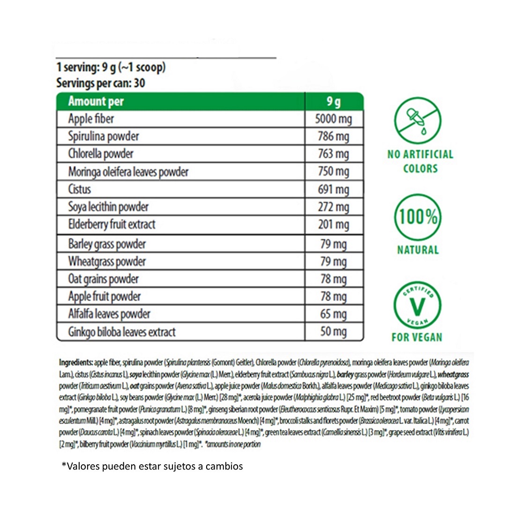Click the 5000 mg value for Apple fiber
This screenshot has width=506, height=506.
coord(333,119)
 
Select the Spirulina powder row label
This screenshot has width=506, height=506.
coord(104,136)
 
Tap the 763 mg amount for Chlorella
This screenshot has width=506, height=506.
coord(333,154)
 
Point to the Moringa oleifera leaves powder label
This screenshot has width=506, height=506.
coord(128,172)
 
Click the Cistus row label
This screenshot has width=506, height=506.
coord(80,189)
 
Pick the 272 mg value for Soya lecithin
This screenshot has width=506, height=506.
coord(333,207)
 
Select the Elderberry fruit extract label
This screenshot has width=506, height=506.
coord(112,224)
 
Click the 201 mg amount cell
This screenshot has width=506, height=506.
coord(333,225)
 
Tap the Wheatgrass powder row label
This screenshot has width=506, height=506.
coord(107,261)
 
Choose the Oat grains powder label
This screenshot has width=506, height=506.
coord(104,279)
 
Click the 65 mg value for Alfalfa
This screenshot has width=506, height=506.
coord(333,314)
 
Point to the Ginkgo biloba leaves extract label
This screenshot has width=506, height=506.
coord(122,332)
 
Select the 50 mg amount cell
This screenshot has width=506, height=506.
coord(333,332)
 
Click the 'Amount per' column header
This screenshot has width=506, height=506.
coord(96,101)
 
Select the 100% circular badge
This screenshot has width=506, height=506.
coord(417,216)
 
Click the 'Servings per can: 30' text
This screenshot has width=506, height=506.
coord(100,83)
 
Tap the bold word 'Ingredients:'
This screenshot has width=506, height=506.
coord(76,362)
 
